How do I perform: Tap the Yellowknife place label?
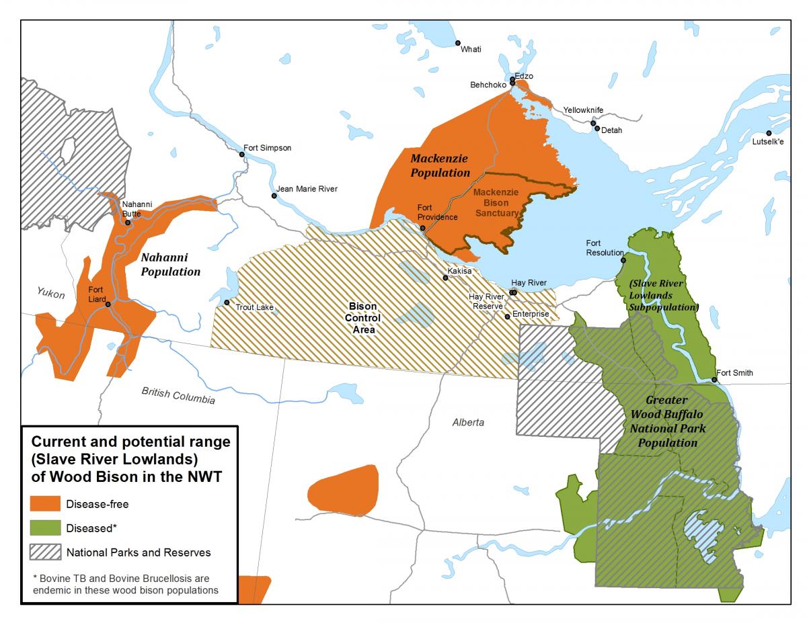click(583, 110)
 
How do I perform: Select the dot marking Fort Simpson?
click(242, 155)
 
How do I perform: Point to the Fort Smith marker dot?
click(714, 380)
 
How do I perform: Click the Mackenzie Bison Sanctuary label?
click(496, 202)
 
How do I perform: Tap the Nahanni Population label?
click(170, 264)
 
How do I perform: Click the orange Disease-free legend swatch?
click(44, 503)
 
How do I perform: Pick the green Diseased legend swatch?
click(44, 528)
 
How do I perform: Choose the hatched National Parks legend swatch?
click(44, 552)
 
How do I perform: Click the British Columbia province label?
click(178, 396)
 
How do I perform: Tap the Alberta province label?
click(467, 423)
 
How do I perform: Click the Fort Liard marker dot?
click(108, 304)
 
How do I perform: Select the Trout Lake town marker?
click(227, 306)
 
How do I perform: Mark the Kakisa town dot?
click(445, 277)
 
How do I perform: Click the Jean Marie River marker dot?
click(274, 196)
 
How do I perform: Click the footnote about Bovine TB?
click(125, 584)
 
